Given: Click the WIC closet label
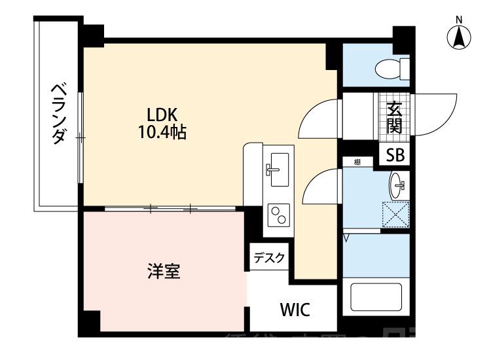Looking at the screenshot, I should tap(295, 309).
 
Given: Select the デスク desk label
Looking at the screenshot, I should tap(269, 258).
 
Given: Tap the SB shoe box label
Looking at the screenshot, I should tap(395, 154).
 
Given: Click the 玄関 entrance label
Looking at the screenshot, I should tap(394, 118).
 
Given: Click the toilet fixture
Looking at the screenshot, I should tap(392, 67).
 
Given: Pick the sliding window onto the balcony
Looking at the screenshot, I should tap(80, 137).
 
